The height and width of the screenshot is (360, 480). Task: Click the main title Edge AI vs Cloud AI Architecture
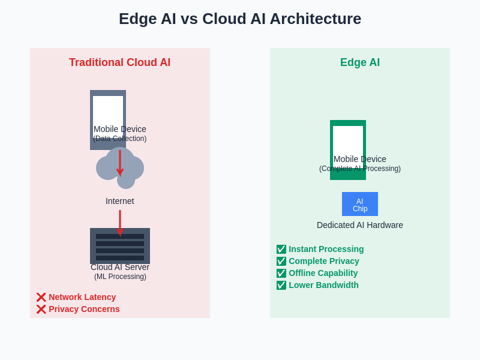pos(240,19)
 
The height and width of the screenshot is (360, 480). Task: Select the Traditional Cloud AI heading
pos(119,62)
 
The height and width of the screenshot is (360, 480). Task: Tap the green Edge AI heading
pos(360,62)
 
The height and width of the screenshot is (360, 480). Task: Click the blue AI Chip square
pos(360,204)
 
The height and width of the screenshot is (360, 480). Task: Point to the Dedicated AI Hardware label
pos(360,225)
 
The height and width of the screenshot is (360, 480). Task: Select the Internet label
pos(120,201)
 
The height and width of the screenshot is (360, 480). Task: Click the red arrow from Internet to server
pos(120,222)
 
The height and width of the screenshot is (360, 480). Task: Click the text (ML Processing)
pos(120,277)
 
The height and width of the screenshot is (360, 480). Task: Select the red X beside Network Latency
pos(41,297)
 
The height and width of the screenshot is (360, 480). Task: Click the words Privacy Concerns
pos(84,309)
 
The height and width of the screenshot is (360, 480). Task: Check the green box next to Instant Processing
pos(281,249)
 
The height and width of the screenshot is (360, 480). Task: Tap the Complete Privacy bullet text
pos(324,261)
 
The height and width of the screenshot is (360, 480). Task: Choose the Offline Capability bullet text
pos(323,273)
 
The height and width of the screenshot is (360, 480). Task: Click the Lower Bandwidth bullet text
pos(323,285)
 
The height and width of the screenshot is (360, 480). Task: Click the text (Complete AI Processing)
pos(360,169)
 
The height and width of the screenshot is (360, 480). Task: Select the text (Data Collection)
pos(120,139)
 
